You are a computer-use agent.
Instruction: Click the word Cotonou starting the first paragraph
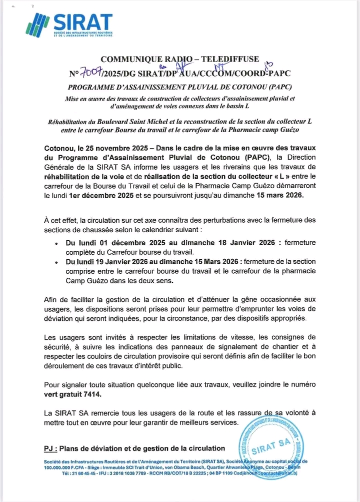point(60,148)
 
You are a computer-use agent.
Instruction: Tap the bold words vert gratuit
point(66,394)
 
